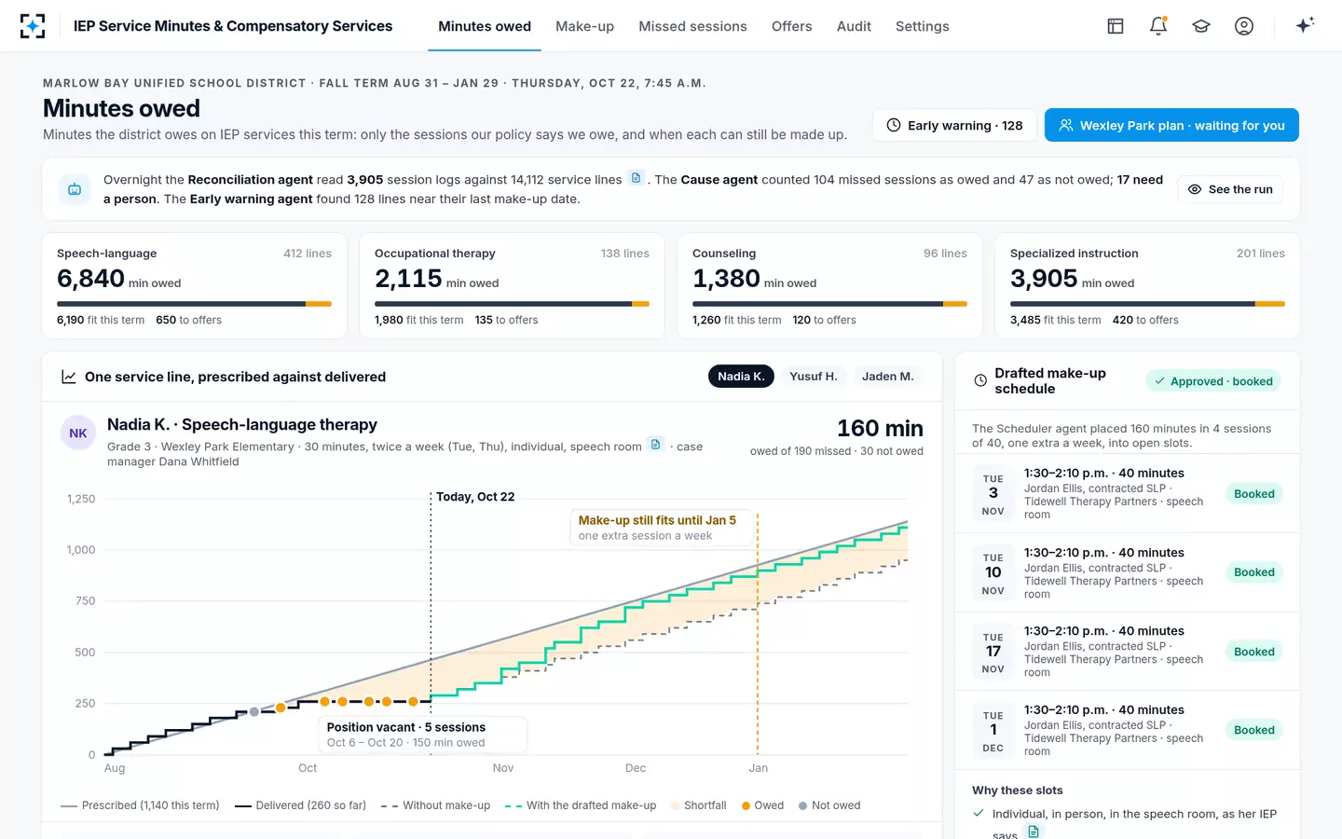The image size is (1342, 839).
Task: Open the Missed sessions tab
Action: coord(692,26)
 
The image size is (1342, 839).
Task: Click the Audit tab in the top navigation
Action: coord(854,26)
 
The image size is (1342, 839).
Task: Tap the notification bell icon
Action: coord(1158,26)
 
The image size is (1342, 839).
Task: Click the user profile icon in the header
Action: coord(1244,26)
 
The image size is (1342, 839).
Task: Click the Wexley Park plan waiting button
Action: coord(1171,125)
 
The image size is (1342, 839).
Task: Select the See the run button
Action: coord(1230,189)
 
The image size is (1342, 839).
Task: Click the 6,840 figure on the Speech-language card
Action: coord(90,279)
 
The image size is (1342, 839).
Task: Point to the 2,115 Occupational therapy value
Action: coord(408,279)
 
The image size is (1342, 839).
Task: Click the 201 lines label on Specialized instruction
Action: coord(1261,254)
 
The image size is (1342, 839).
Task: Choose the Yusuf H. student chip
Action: coord(813,377)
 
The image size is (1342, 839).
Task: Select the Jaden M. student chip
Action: coord(887,377)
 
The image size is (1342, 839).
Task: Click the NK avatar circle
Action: coord(78,433)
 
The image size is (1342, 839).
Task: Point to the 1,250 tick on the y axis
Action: coord(81,499)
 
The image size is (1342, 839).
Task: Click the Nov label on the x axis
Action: coord(502,768)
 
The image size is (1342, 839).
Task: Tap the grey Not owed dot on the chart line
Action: coord(254,711)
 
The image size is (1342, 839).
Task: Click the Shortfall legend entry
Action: coord(698,805)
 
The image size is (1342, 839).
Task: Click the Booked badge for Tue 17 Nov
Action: coord(1254,652)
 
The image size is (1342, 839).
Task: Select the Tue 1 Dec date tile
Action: coord(993,731)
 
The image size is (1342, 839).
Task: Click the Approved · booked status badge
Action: coord(1212,381)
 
